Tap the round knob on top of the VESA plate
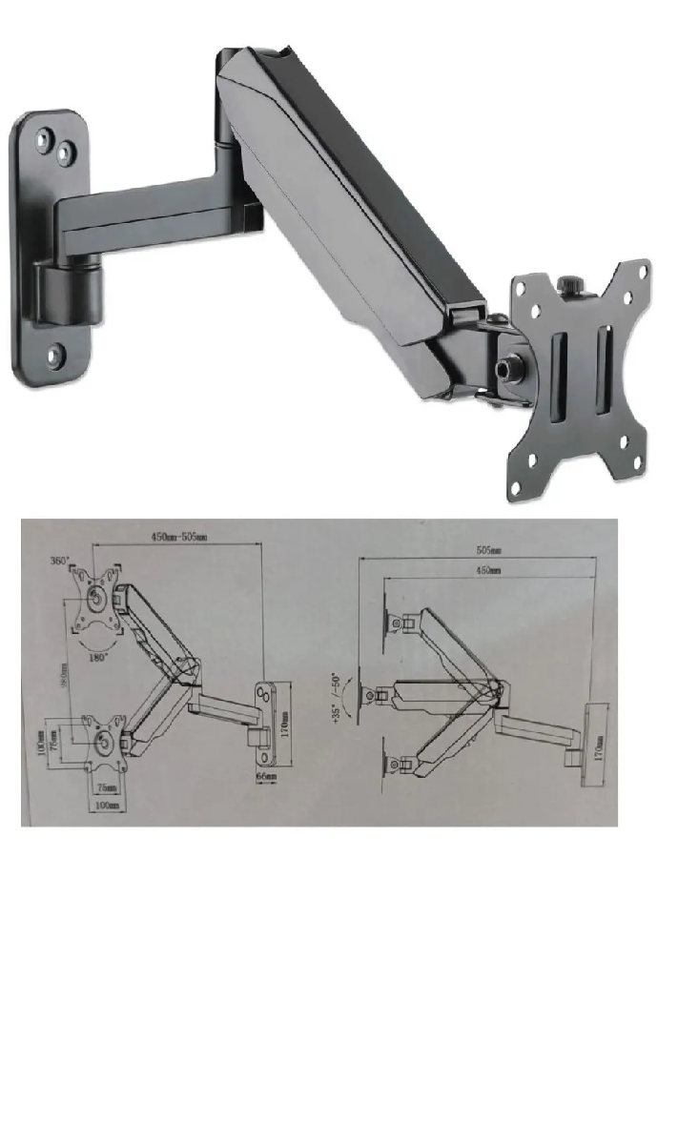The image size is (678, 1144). click(x=572, y=284)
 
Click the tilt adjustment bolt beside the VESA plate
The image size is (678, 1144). click(x=502, y=366)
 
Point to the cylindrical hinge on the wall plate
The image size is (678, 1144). click(x=69, y=285)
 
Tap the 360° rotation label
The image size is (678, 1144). click(x=61, y=562)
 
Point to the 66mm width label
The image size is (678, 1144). click(x=267, y=777)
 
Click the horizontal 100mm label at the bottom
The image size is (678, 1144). click(x=107, y=806)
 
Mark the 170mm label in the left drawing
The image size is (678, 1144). click(x=285, y=723)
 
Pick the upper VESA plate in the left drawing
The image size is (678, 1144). click(x=97, y=599)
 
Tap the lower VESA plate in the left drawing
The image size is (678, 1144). click(x=101, y=742)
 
